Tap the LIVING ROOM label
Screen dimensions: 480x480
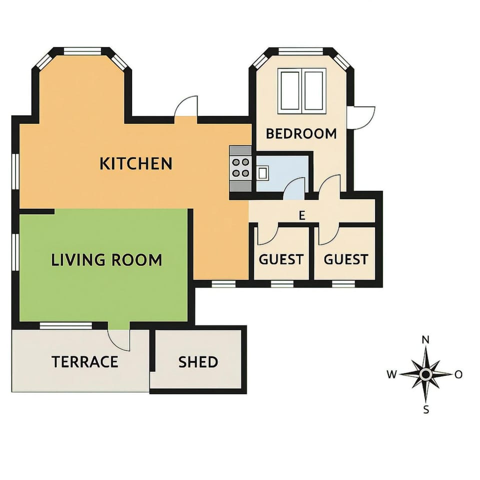click(106, 260)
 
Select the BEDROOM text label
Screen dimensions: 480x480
click(301, 134)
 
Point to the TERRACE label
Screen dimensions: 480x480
click(85, 361)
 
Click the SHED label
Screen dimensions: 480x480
click(198, 362)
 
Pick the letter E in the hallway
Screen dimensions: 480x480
click(302, 216)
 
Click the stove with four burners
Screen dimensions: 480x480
click(240, 168)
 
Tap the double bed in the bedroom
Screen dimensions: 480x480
click(301, 91)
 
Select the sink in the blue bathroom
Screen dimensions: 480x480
click(262, 173)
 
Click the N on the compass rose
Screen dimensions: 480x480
click(425, 340)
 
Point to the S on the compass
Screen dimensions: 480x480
click(426, 409)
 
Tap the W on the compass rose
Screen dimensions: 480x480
click(391, 374)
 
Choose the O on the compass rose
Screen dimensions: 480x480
click(458, 374)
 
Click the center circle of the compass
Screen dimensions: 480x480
click(425, 374)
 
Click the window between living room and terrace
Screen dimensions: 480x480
click(66, 325)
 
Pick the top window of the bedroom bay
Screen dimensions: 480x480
click(301, 51)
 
